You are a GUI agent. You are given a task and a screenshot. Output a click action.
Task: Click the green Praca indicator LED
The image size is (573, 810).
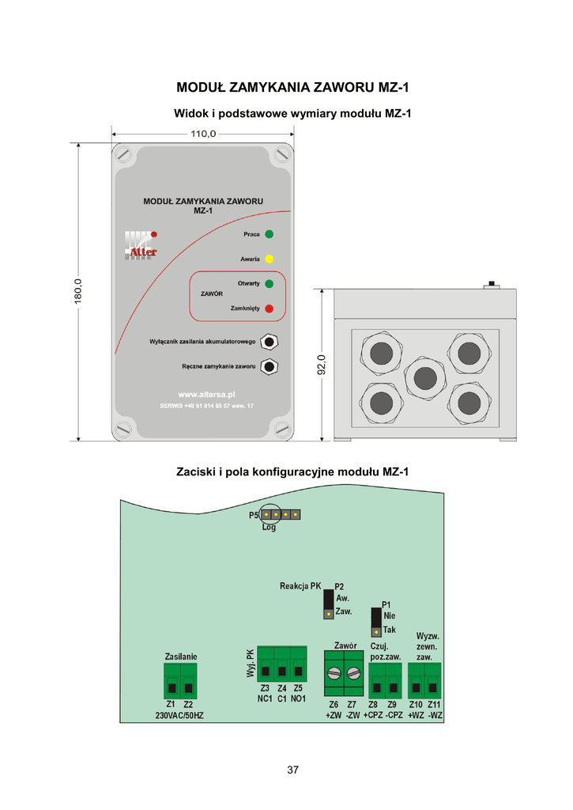pos(269,234)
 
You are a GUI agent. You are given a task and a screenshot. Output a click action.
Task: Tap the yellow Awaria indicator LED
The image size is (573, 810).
pos(269,259)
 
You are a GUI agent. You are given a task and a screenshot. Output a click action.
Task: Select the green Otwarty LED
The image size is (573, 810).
pos(269,283)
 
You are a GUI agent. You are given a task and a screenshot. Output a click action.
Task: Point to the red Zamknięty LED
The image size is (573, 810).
pos(269,308)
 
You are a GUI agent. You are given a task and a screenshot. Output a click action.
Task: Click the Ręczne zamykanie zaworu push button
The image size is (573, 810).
pos(270,366)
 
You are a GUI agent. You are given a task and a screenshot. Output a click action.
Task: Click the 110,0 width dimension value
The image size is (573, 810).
pos(203,134)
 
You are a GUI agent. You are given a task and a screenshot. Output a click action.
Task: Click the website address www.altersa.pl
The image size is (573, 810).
pos(206,393)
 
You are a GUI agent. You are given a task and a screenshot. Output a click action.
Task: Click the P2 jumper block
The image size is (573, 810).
pos(327,603)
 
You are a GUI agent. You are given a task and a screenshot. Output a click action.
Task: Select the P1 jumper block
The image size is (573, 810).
pos(375,621)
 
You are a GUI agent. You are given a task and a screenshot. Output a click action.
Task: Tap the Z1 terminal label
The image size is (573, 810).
pos(171,704)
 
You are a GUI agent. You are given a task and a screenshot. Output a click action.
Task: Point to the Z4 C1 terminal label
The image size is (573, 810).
pos(281,694)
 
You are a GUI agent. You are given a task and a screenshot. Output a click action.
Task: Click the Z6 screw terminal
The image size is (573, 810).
pos(334,674)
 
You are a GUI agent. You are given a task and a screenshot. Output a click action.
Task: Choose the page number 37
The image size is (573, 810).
pos(293,770)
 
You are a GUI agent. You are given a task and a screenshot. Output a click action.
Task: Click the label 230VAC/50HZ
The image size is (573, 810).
pos(179,715)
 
